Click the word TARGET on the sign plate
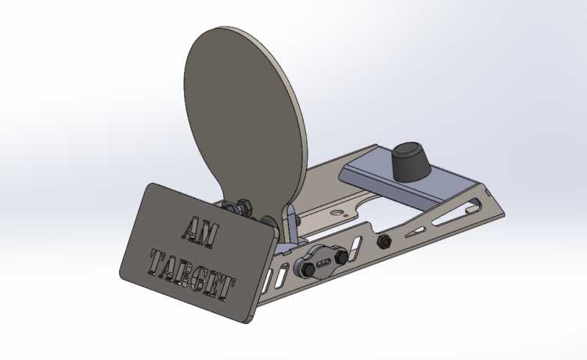click(x=192, y=274)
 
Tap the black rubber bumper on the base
click(x=411, y=161)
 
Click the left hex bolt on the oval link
click(x=308, y=268)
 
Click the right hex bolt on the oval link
click(x=341, y=257)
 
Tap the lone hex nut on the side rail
click(x=384, y=241)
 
